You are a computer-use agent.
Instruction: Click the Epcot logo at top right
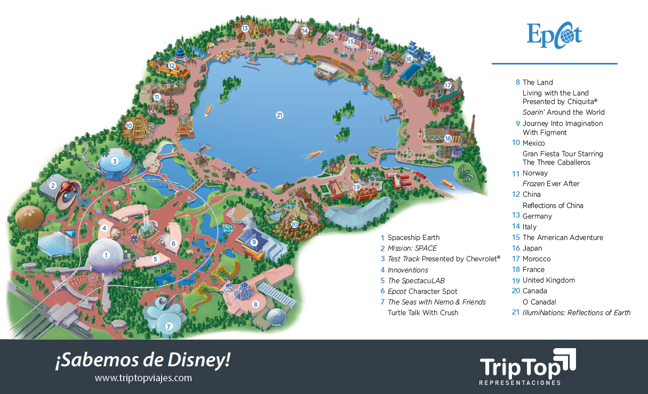click(x=554, y=35)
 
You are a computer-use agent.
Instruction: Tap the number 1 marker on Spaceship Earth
click(x=107, y=255)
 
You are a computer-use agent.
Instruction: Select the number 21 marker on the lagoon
click(x=279, y=115)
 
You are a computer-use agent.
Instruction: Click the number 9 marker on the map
click(x=254, y=242)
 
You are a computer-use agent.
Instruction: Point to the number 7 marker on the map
click(x=169, y=326)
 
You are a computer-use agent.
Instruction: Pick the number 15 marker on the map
click(x=350, y=41)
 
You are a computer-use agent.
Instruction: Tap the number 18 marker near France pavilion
click(x=447, y=139)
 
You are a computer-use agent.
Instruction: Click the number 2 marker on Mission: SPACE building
click(x=53, y=186)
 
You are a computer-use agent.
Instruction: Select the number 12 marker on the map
click(x=172, y=66)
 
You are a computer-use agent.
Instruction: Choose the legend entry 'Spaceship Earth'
click(x=413, y=238)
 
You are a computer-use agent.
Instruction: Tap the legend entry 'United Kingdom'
click(x=548, y=280)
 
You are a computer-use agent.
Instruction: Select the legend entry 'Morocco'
click(x=537, y=259)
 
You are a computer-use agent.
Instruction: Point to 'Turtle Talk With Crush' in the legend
click(x=423, y=313)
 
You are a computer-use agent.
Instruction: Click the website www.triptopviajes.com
click(x=143, y=378)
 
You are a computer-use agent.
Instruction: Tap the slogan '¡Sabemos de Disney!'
click(x=142, y=360)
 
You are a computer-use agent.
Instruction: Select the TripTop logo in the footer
click(x=528, y=365)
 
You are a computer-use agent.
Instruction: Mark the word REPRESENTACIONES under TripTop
click(x=519, y=383)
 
